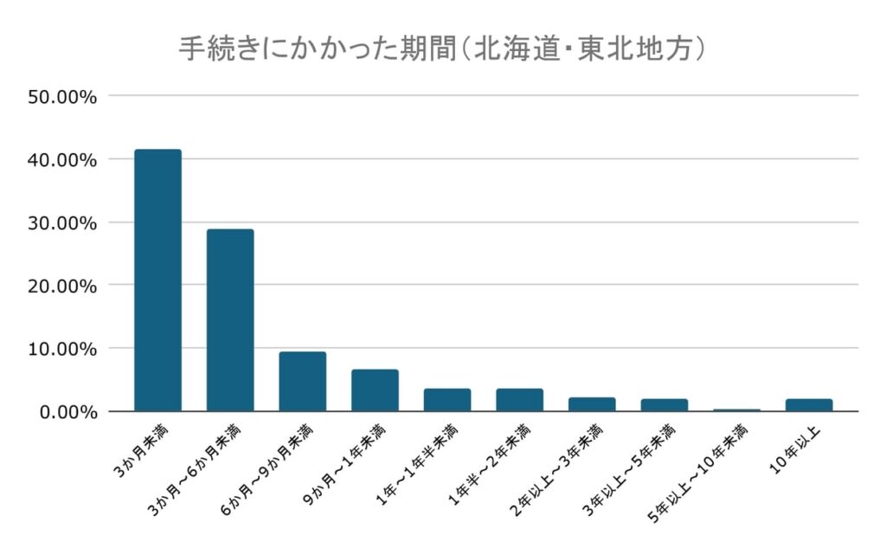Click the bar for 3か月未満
(x=157, y=280)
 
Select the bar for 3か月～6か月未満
(x=230, y=320)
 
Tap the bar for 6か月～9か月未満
(x=302, y=382)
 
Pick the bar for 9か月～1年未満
(x=375, y=390)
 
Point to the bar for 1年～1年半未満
(x=447, y=400)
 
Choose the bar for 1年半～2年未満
(x=519, y=400)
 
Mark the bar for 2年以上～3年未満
(x=592, y=404)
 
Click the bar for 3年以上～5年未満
(x=664, y=405)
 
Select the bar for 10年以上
(x=809, y=405)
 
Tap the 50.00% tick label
(x=62, y=96)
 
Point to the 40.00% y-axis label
(x=62, y=159)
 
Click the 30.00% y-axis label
(x=62, y=222)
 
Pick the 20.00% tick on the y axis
(x=62, y=286)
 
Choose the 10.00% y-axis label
(x=62, y=349)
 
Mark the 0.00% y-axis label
(x=67, y=412)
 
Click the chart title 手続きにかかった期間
(x=442, y=48)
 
